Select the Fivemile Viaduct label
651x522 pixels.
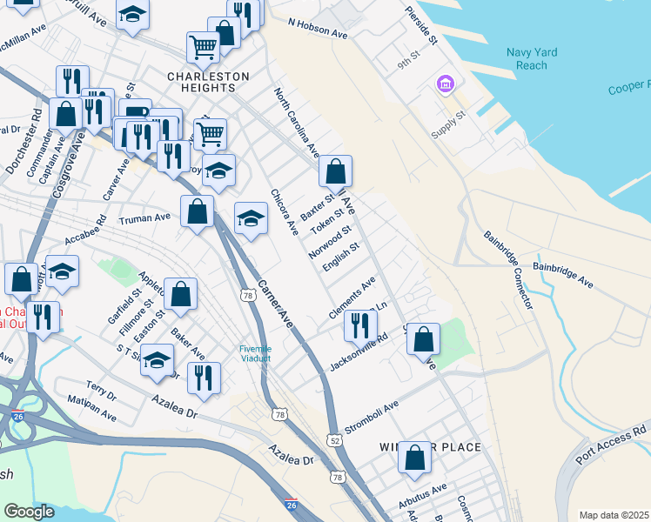pos(256,353)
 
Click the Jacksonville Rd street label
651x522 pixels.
pos(359,355)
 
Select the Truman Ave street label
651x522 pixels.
pos(144,217)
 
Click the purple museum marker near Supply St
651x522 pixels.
pos(445,84)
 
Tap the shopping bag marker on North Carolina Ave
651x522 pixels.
pos(335,172)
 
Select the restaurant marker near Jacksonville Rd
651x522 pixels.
pos(360,325)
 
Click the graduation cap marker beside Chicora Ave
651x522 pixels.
pos(251,218)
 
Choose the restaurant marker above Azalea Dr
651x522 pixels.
pos(204,378)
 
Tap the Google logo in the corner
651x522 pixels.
pos(30,512)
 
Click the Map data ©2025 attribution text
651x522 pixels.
pos(613,515)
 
